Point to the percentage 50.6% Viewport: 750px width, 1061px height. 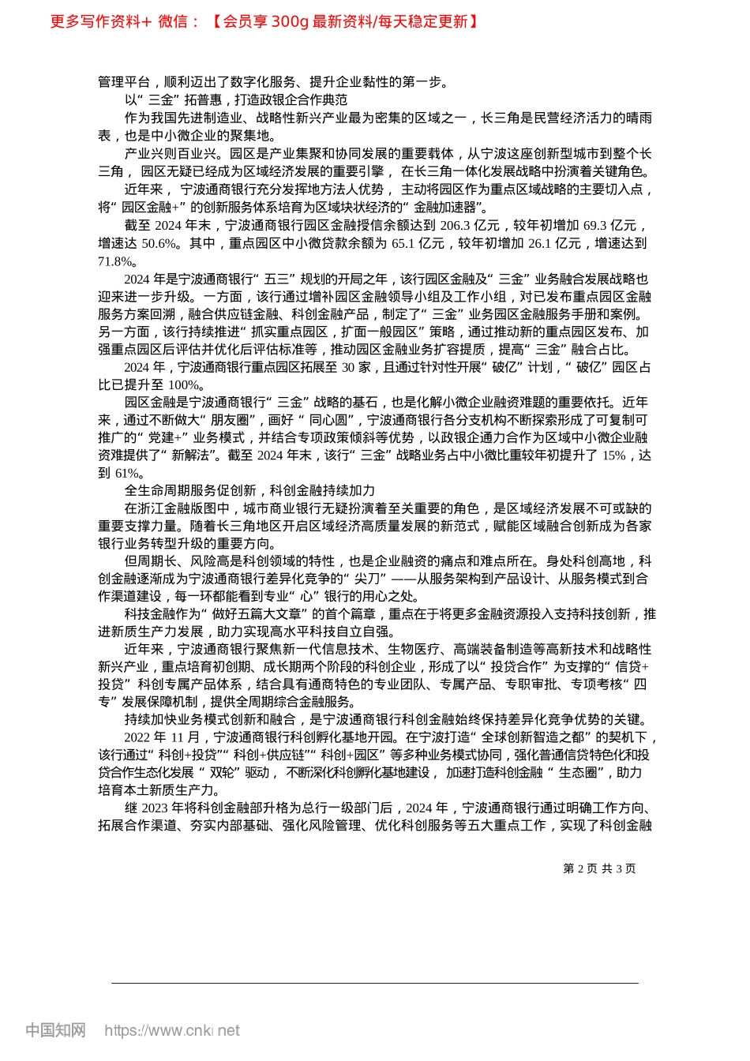pos(159,243)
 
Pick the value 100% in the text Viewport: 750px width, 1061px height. pos(186,385)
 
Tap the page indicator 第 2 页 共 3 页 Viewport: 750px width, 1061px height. pos(599,868)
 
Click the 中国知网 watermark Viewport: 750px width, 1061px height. pos(56,1030)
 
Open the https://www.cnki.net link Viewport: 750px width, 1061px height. pos(172,1030)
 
